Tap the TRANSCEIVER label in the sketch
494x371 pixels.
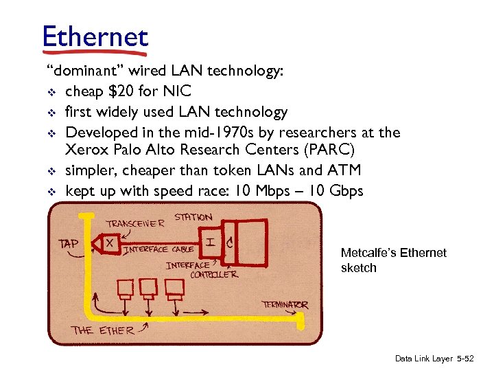[x=135, y=223]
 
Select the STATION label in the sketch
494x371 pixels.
[x=193, y=218]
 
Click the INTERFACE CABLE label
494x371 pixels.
[x=158, y=249]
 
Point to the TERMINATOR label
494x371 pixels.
[x=285, y=304]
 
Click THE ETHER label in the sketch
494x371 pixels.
[x=104, y=330]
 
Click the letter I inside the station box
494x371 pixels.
[x=209, y=242]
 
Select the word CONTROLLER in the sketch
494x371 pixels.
[x=213, y=274]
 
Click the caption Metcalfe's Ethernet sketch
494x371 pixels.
[x=393, y=260]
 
